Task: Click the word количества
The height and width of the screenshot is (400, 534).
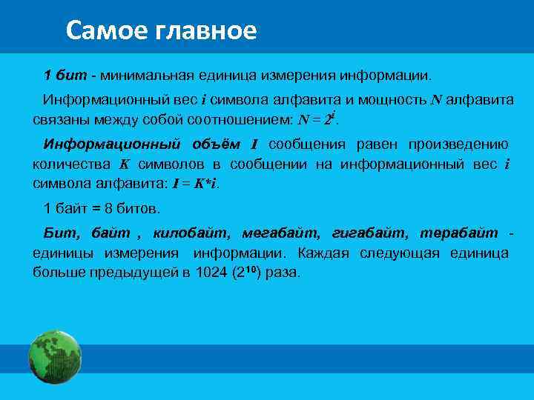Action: click(68, 164)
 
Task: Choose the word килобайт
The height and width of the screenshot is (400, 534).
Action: click(185, 233)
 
